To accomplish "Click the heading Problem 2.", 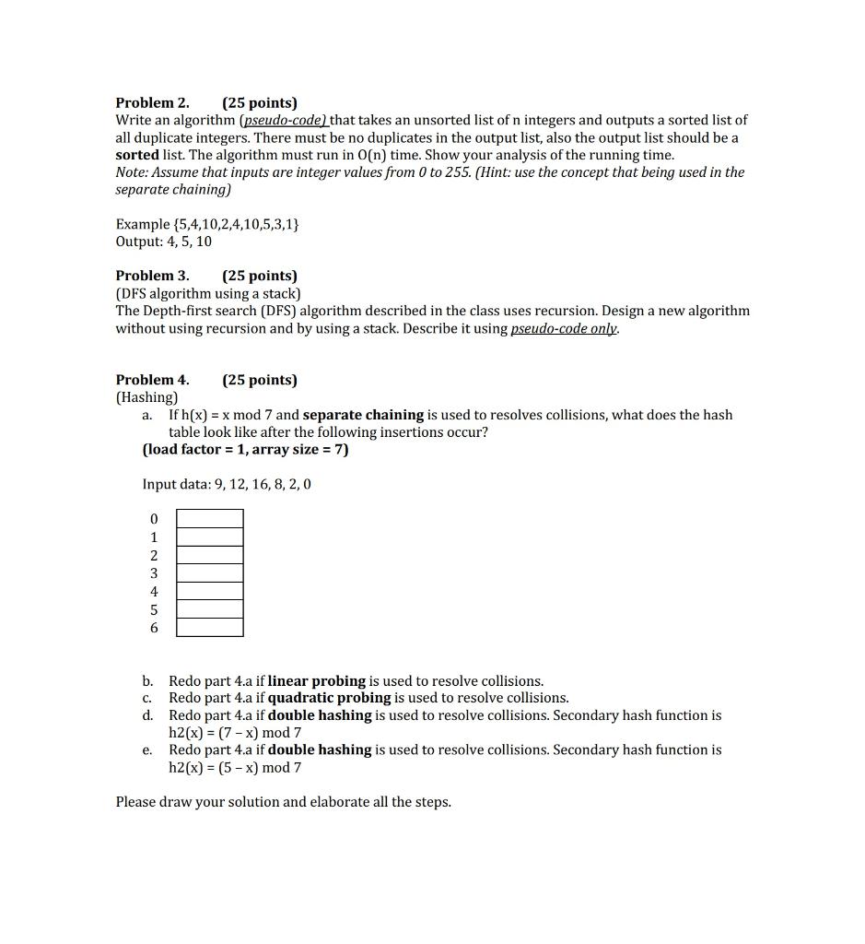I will pyautogui.click(x=152, y=102).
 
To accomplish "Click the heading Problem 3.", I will pyautogui.click(x=152, y=276).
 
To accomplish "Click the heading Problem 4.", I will pyautogui.click(x=152, y=380).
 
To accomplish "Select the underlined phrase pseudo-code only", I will pyautogui.click(x=564, y=329).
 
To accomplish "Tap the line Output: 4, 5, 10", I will pyautogui.click(x=163, y=242).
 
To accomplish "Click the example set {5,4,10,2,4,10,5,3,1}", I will pyautogui.click(x=206, y=224).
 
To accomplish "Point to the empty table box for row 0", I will pyautogui.click(x=210, y=519).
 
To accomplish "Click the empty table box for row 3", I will pyautogui.click(x=210, y=573).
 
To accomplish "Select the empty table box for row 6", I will pyautogui.click(x=210, y=628).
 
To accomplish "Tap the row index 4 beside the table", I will pyautogui.click(x=154, y=592).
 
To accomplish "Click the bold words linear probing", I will pyautogui.click(x=317, y=681).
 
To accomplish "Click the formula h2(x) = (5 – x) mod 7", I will pyautogui.click(x=235, y=768).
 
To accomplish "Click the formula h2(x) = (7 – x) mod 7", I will pyautogui.click(x=235, y=733).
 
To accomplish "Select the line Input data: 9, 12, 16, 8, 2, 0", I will pyautogui.click(x=227, y=484).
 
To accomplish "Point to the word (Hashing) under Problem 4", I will pyautogui.click(x=146, y=397).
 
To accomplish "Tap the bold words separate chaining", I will pyautogui.click(x=363, y=415).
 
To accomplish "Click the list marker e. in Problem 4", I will pyautogui.click(x=147, y=750).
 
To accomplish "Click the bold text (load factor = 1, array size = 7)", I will pyautogui.click(x=245, y=450).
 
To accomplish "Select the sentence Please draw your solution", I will pyautogui.click(x=283, y=802).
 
